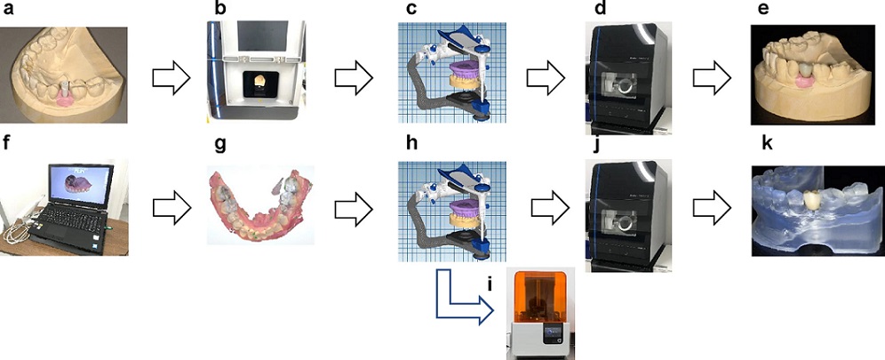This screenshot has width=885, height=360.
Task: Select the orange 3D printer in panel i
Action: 542,311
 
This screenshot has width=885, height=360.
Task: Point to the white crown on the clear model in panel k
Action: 810,199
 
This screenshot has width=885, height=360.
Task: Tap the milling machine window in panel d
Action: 618,88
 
